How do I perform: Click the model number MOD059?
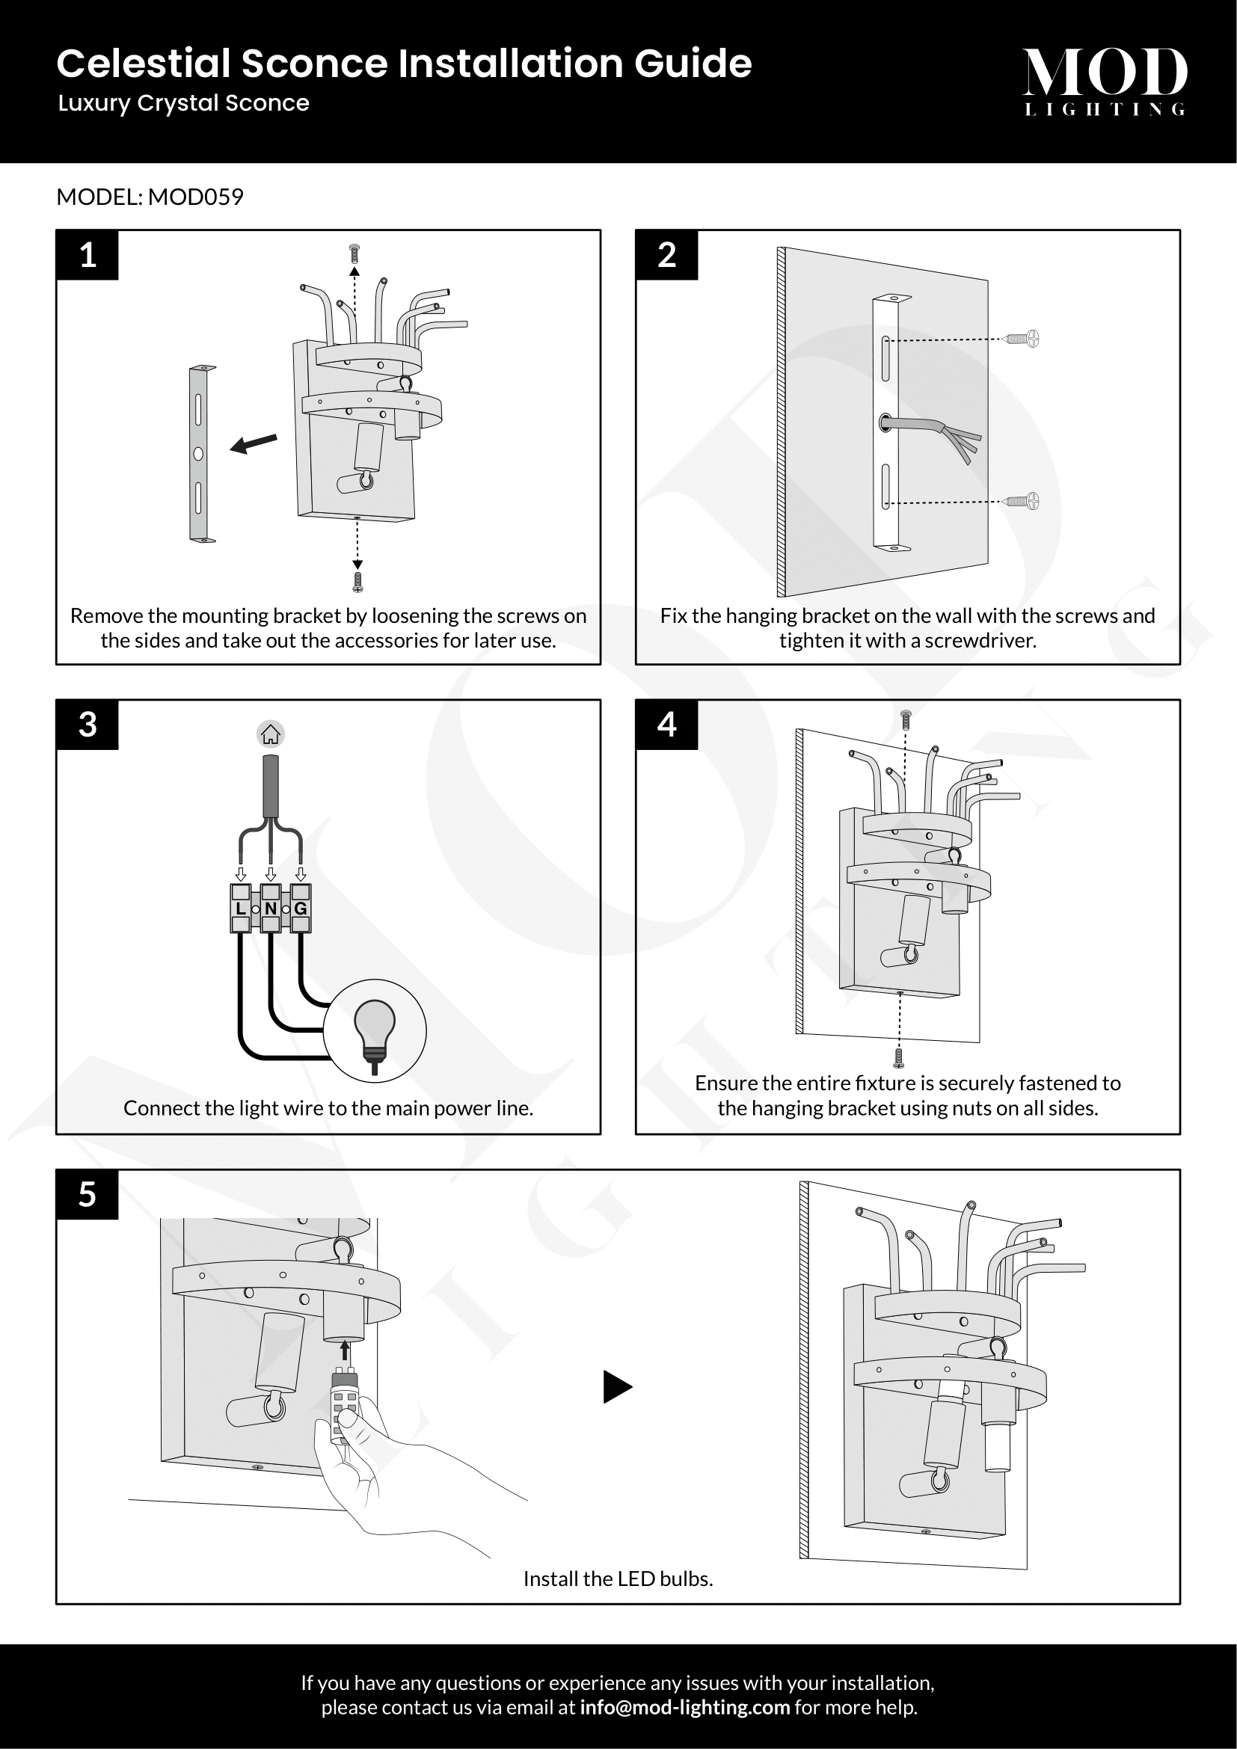tap(196, 197)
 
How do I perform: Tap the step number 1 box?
tap(88, 255)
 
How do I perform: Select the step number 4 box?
tap(666, 725)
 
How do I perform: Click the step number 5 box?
tap(88, 1194)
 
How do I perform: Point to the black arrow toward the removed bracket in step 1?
tap(254, 443)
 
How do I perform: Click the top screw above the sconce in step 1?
tap(354, 252)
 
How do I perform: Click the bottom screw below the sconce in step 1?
tap(357, 582)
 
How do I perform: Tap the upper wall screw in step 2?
tap(1024, 338)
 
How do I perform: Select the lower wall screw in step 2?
tap(1024, 501)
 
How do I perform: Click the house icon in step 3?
tap(271, 734)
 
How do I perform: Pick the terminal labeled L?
tap(241, 908)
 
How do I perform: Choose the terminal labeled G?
tap(301, 908)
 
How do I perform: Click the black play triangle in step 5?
tap(616, 1386)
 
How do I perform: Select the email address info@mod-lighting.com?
tap(685, 1707)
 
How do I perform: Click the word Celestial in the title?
tap(143, 64)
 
